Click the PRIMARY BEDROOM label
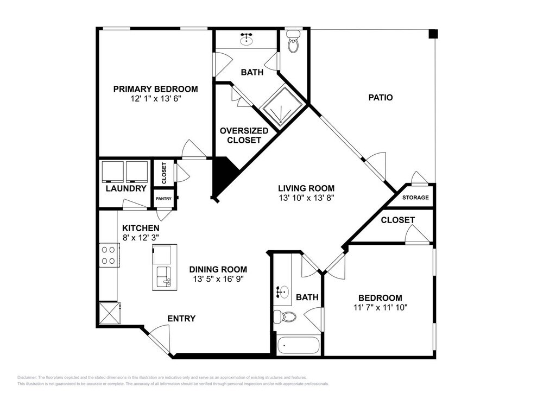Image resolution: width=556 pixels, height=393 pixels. click(x=155, y=89)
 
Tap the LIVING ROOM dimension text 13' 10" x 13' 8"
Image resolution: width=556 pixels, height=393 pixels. click(x=303, y=198)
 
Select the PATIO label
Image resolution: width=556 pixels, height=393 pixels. click(x=380, y=98)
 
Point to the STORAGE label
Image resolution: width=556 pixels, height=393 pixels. click(x=415, y=198)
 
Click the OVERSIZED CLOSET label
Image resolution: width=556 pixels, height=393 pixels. click(x=244, y=135)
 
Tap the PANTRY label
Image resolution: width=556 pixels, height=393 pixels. click(x=163, y=199)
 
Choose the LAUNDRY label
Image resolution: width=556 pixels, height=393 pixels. click(x=126, y=188)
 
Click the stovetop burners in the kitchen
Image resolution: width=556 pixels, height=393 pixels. click(x=109, y=255)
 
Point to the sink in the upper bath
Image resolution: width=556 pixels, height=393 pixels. click(x=248, y=39)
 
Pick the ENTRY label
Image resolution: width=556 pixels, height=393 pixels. click(x=181, y=319)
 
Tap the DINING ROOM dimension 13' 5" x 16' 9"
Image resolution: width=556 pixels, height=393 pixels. click(x=218, y=279)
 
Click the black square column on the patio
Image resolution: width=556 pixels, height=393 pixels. click(x=432, y=34)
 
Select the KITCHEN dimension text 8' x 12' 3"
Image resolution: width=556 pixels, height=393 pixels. click(x=140, y=238)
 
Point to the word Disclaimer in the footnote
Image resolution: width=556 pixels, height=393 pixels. click(x=27, y=377)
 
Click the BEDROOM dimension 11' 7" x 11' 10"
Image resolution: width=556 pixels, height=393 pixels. click(x=380, y=307)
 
